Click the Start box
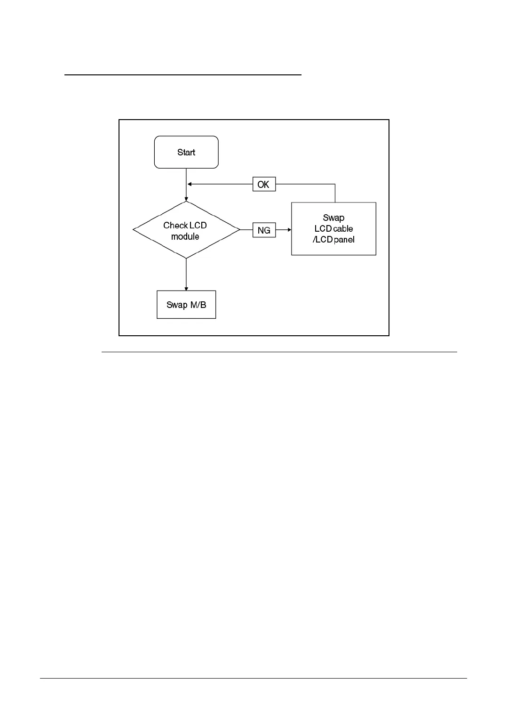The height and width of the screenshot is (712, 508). pyautogui.click(x=186, y=152)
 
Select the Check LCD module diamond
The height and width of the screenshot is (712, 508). pyautogui.click(x=186, y=230)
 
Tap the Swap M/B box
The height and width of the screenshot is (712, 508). pyautogui.click(x=186, y=305)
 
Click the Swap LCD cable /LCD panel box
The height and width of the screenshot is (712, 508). pyautogui.click(x=333, y=229)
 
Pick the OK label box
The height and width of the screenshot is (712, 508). pyautogui.click(x=264, y=185)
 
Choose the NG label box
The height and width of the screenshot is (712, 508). pyautogui.click(x=264, y=230)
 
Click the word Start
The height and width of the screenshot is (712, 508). pyautogui.click(x=186, y=152)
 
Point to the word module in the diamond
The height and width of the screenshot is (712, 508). pyautogui.click(x=185, y=236)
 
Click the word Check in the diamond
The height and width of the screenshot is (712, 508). pyautogui.click(x=175, y=225)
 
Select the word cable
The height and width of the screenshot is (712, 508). pyautogui.click(x=343, y=228)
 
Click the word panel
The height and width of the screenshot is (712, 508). pyautogui.click(x=344, y=240)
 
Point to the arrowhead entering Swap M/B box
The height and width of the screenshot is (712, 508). pyautogui.click(x=186, y=288)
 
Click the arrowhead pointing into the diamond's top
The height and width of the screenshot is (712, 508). pyautogui.click(x=186, y=199)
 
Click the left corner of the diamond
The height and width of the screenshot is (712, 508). pyautogui.click(x=134, y=230)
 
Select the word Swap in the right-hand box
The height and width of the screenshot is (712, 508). pyautogui.click(x=333, y=218)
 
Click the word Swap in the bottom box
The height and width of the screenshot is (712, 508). pyautogui.click(x=177, y=305)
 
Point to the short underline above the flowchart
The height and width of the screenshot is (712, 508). pyautogui.click(x=183, y=74)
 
